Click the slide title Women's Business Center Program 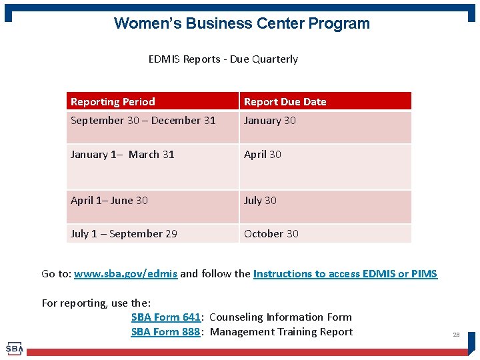coord(241,23)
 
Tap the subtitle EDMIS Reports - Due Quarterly coord(223,59)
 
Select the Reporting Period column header coord(113,102)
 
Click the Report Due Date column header coord(285,102)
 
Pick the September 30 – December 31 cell coord(143,121)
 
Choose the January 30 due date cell coord(269,121)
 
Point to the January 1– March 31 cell coord(123,155)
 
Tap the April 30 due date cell coord(263,155)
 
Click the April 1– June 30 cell coord(109,201)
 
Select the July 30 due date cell coord(260,201)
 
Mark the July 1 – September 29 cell coord(124,234)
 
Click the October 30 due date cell coord(271,234)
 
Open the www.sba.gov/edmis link coord(125,274)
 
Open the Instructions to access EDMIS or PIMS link coord(345,274)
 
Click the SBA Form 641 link coord(165,317)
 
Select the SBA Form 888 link coord(165,332)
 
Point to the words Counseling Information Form coord(280,317)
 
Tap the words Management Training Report coord(281,332)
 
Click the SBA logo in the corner coord(14,349)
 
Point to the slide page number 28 coord(456,335)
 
